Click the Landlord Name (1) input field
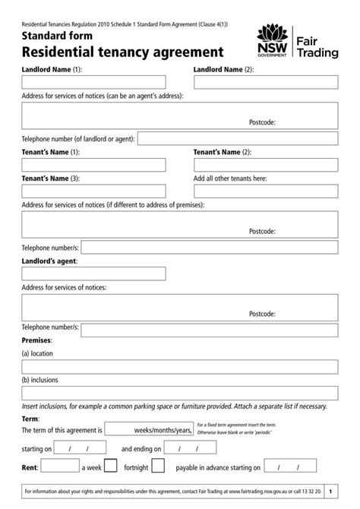[x=93, y=82]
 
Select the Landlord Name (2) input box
[x=266, y=82]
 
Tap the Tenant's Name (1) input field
[x=93, y=165]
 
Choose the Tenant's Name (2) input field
[x=266, y=165]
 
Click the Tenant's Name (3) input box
[x=93, y=191]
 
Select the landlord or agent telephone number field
[x=238, y=139]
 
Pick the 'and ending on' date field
[x=190, y=448]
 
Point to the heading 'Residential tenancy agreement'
[x=122, y=52]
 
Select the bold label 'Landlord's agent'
[x=49, y=261]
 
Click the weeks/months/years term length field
[x=148, y=428]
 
